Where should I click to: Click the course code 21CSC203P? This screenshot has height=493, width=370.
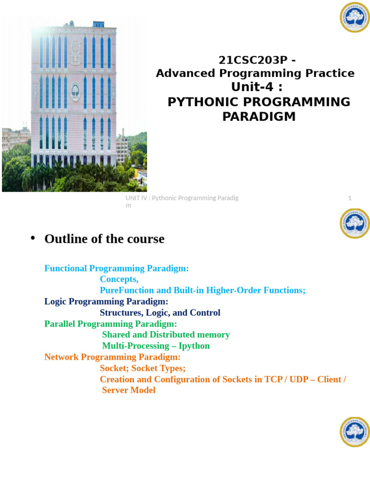(253, 60)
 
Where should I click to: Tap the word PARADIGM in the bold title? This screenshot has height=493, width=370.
(259, 117)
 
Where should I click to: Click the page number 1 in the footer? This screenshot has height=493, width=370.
(350, 198)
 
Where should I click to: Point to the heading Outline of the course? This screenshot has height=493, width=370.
(105, 239)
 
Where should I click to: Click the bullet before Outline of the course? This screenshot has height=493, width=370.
(33, 238)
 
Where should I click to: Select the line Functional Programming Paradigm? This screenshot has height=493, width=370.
(117, 269)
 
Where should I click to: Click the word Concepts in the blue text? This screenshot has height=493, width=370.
(119, 279)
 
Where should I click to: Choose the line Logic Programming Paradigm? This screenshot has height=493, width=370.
(106, 301)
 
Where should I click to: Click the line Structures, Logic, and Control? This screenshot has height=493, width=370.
(160, 313)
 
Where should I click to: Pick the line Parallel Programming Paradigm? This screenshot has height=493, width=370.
(111, 324)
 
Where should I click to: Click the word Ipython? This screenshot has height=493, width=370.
(194, 346)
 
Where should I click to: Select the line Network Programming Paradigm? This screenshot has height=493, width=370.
(112, 357)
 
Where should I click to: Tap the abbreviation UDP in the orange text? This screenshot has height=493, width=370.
(299, 379)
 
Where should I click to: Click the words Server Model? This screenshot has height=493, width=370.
(129, 390)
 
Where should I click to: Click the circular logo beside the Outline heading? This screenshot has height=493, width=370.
(355, 223)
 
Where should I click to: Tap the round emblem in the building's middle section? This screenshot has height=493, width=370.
(76, 92)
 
